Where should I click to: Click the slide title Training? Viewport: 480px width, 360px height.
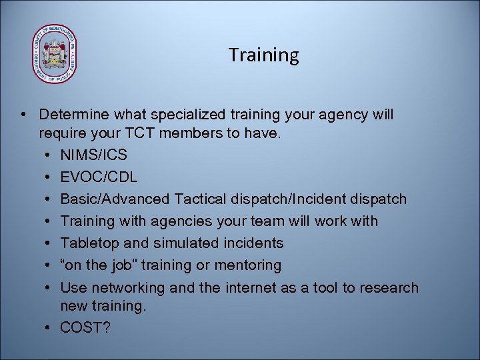coord(263,55)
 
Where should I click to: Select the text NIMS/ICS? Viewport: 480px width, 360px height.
coord(93,155)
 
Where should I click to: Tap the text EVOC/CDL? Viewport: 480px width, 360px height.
coord(99,177)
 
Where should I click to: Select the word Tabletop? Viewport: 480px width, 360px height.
coord(87,243)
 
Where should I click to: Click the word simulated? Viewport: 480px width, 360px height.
coord(184,243)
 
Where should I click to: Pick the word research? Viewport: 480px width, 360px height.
coord(391,288)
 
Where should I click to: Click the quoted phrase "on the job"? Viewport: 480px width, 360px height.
coord(104,265)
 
